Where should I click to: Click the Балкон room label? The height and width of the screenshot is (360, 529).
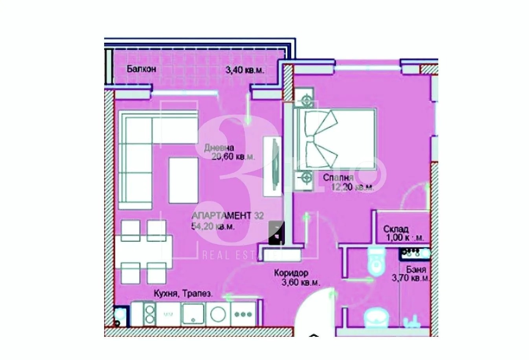[141, 70]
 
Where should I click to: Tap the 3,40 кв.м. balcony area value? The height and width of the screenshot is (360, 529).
[244, 71]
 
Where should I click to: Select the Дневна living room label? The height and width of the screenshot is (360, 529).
[219, 148]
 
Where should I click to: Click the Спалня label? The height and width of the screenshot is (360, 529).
[338, 178]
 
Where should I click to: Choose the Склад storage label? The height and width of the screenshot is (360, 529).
[396, 229]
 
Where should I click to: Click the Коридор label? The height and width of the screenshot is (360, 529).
[291, 273]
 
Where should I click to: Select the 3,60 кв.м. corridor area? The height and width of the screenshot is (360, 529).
[298, 282]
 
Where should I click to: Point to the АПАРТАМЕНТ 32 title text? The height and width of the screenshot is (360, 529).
[228, 216]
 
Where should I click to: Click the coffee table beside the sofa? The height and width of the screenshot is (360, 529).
[183, 180]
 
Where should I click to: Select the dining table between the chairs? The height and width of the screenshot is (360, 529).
[143, 252]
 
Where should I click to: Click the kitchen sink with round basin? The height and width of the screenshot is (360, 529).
[218, 314]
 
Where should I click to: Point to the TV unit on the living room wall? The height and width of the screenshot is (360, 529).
[272, 166]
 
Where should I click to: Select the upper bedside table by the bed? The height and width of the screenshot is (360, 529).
[305, 100]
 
